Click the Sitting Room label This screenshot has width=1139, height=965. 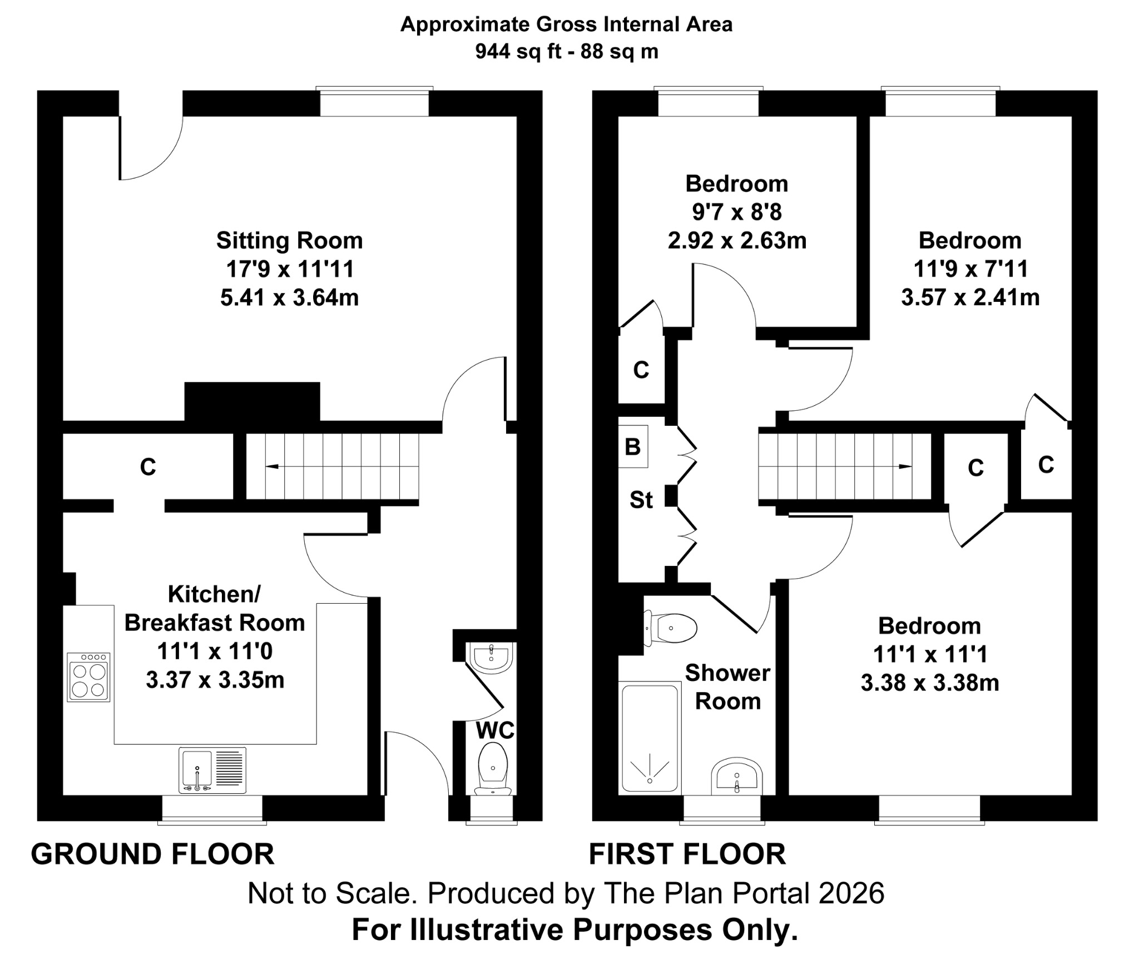289,241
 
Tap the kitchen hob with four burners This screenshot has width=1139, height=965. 89,677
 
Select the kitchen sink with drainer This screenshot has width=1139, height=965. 212,770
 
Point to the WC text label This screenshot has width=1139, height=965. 495,730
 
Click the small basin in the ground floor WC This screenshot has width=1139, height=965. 491,658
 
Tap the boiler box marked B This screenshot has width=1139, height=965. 633,446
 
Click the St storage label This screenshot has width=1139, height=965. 641,500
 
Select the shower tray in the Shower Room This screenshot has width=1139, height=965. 650,738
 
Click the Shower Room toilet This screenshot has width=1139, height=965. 671,628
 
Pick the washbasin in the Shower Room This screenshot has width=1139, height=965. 736,775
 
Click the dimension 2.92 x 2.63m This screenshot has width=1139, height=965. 737,241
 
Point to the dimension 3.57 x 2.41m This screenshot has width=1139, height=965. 970,297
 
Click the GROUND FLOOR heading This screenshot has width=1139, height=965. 152,854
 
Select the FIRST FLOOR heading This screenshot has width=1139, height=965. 687,854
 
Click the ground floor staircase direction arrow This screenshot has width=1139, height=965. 273,466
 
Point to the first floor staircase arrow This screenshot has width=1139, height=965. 904,466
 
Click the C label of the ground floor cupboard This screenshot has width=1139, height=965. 147,467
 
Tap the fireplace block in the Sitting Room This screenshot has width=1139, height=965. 252,401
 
